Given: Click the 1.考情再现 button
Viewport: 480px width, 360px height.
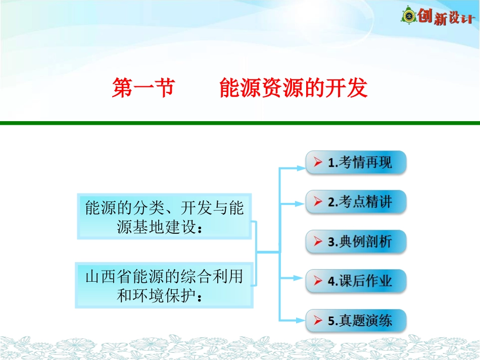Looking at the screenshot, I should pyautogui.click(x=356, y=163).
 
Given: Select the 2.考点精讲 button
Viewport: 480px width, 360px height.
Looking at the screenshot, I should pyautogui.click(x=356, y=202).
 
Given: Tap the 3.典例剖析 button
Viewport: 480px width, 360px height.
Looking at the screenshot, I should pyautogui.click(x=356, y=241).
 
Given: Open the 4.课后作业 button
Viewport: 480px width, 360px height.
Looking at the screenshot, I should pyautogui.click(x=356, y=281).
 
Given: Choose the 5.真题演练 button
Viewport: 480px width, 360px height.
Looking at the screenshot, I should pyautogui.click(x=356, y=320).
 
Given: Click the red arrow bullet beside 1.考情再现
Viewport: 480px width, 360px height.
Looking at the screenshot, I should pyautogui.click(x=318, y=163).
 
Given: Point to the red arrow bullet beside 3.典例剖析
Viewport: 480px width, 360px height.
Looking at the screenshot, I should pyautogui.click(x=318, y=242).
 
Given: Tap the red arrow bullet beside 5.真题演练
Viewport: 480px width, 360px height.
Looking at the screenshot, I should pyautogui.click(x=318, y=321).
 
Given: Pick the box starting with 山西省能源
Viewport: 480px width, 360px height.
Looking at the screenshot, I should pyautogui.click(x=164, y=285).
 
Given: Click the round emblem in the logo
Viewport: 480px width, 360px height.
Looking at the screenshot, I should pyautogui.click(x=409, y=16).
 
